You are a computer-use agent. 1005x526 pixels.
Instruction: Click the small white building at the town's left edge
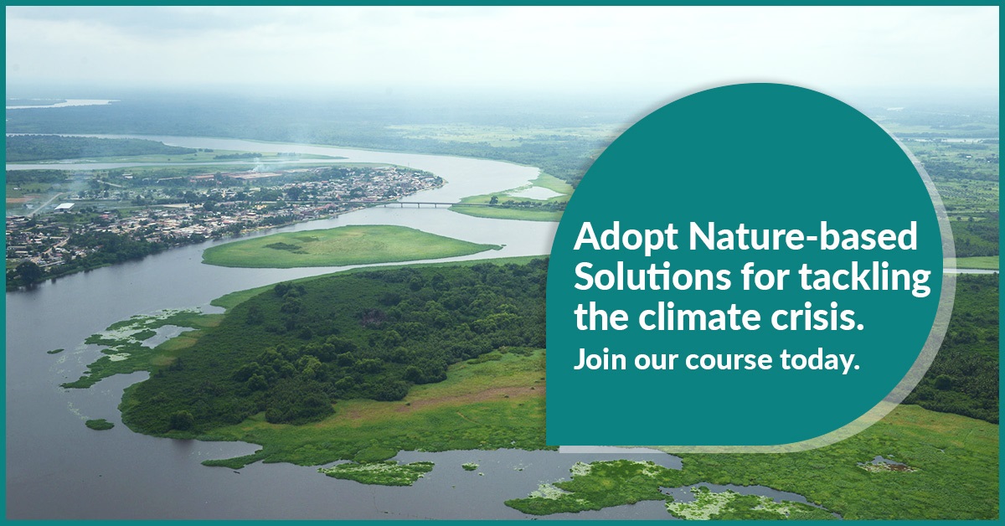(64, 206)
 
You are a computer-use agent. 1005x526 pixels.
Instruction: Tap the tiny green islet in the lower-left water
(99, 424)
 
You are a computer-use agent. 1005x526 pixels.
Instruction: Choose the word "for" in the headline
(756, 279)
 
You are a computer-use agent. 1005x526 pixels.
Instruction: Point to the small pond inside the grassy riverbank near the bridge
(536, 192)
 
